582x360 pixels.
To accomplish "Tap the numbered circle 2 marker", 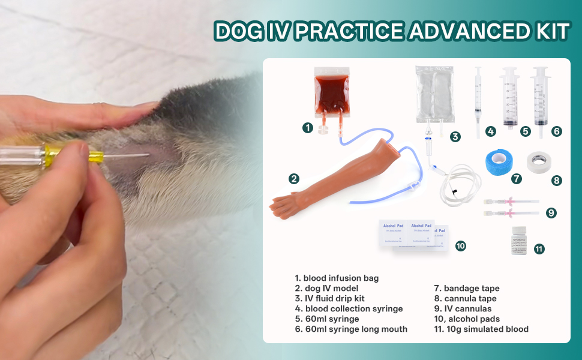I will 293,178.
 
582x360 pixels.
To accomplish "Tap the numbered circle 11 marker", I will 539,248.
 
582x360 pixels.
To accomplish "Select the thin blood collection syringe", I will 478,99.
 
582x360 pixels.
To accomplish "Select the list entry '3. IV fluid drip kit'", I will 329,298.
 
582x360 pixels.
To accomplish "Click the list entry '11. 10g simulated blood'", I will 481,329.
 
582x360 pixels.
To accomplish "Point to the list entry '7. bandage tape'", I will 467,289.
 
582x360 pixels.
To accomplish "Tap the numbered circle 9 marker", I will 551,212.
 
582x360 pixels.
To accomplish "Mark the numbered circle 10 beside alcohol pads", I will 461,245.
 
